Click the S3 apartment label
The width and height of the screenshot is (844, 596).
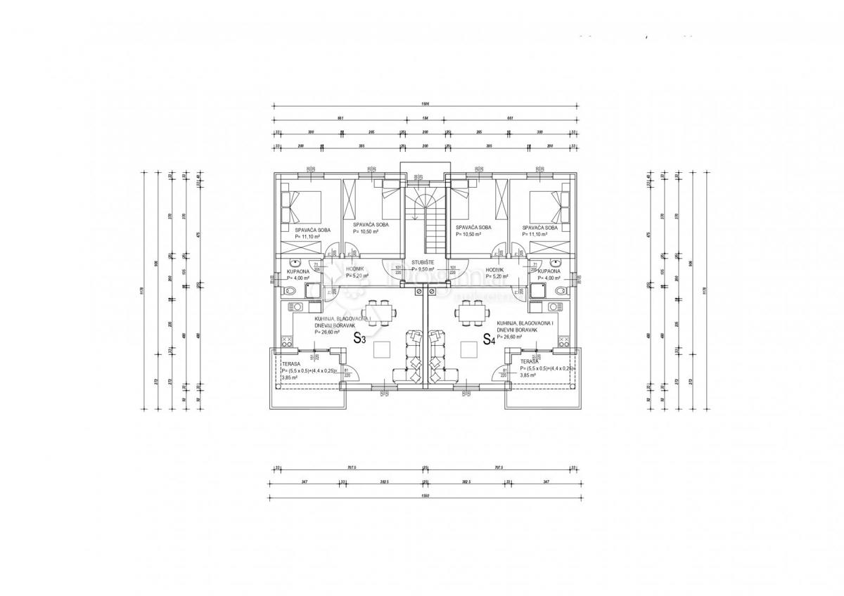pyautogui.click(x=359, y=338)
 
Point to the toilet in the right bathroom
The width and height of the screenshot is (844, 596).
pyautogui.click(x=558, y=291)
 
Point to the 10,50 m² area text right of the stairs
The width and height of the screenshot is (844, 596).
pyautogui.click(x=468, y=234)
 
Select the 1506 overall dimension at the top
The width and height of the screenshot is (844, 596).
pyautogui.click(x=425, y=104)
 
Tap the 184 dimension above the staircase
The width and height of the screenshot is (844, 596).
pyautogui.click(x=425, y=118)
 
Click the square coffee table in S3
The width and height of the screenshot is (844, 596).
pyautogui.click(x=383, y=349)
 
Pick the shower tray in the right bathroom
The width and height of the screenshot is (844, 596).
pyautogui.click(x=537, y=291)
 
